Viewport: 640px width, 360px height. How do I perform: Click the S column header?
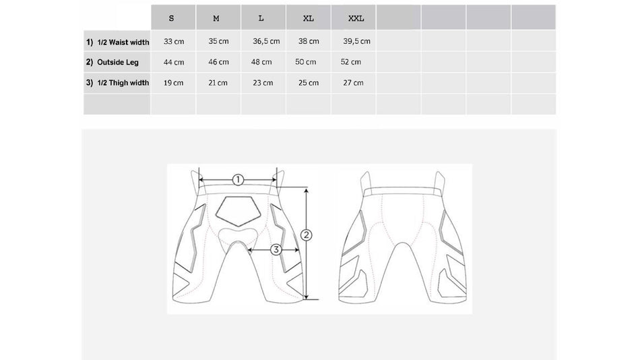[x=171, y=18]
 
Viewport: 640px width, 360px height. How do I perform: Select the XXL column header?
[x=356, y=18]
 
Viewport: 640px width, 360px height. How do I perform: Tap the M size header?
[x=216, y=18]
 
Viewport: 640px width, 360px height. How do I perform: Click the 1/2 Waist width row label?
[x=117, y=42]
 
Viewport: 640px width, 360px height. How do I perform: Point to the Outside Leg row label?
[x=113, y=62]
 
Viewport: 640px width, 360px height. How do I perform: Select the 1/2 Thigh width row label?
[x=117, y=82]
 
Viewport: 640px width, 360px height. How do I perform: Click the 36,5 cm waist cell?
[x=266, y=41]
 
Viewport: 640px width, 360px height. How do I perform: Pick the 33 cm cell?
[x=174, y=41]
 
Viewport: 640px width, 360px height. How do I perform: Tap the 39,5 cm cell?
[x=357, y=41]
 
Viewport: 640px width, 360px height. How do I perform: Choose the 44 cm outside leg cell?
[x=174, y=62]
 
